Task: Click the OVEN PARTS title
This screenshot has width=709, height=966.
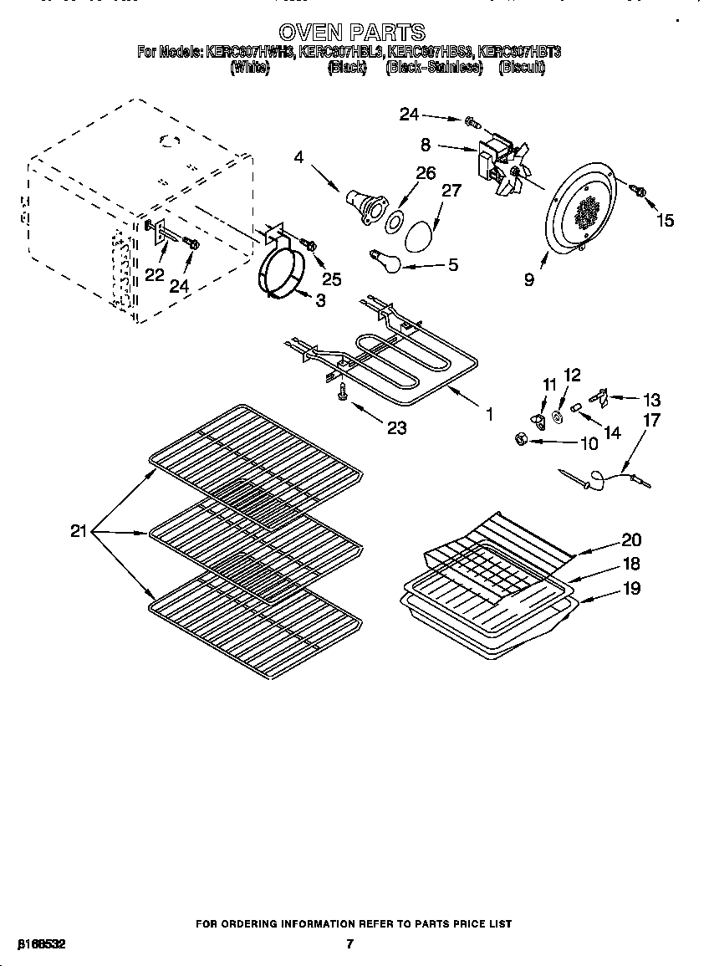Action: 351,33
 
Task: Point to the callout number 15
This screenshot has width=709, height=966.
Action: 665,221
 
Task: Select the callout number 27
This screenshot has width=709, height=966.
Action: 451,191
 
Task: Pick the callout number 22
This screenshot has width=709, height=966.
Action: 155,275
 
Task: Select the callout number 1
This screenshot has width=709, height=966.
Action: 488,413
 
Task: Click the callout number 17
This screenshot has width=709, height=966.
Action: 650,420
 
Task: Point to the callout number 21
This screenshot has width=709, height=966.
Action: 79,531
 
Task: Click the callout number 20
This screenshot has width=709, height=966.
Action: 631,539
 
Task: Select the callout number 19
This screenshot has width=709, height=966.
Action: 631,588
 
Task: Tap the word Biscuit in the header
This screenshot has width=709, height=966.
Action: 522,68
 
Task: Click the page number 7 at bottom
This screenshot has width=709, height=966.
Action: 350,944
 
